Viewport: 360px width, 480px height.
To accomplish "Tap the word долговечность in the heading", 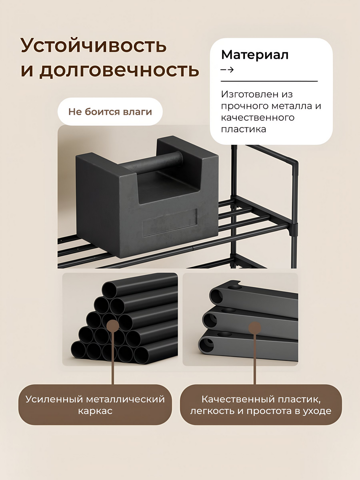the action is click(x=119, y=70).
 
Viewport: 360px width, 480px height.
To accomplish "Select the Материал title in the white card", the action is click(x=255, y=55).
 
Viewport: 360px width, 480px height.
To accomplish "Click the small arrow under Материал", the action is click(x=227, y=70).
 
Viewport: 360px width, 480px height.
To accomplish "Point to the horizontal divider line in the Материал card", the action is click(x=269, y=81).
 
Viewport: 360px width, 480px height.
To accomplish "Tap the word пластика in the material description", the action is click(x=243, y=129).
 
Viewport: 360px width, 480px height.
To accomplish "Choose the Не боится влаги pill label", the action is click(x=110, y=111).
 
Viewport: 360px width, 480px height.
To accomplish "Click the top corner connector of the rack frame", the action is click(x=295, y=166).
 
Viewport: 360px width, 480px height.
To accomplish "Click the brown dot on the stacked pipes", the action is click(x=113, y=326).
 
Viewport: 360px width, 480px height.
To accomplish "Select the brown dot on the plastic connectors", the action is click(x=255, y=328).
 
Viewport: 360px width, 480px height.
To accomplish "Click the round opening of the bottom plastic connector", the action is click(x=206, y=345).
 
